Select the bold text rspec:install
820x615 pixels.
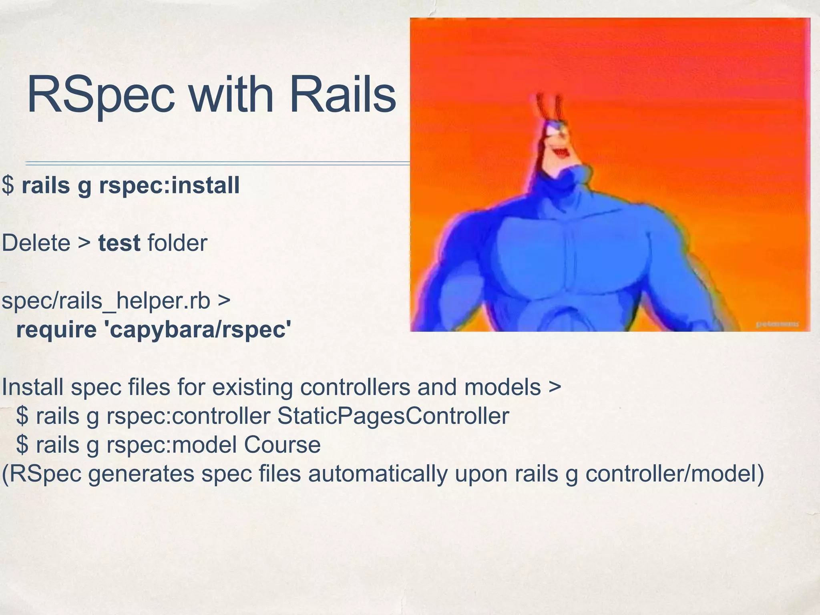(169, 185)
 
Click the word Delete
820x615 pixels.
(36, 243)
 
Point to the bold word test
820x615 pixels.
(119, 243)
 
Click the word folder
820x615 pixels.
(177, 243)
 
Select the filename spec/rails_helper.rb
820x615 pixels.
(106, 301)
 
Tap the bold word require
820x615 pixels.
(56, 330)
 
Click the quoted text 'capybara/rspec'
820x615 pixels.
(197, 330)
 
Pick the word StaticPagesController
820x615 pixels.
(393, 416)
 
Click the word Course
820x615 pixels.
(282, 445)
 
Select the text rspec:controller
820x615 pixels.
(188, 416)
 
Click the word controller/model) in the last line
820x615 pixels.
(675, 474)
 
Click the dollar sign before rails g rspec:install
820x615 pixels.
(8, 185)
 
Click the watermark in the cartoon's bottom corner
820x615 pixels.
(777, 324)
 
